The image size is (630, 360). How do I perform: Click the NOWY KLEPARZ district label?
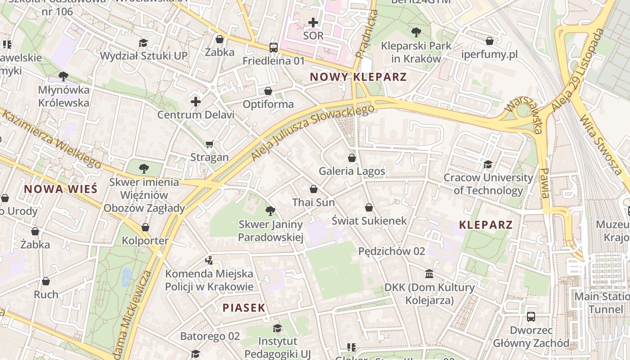click(x=358, y=77)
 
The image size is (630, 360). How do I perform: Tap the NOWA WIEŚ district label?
click(x=60, y=189)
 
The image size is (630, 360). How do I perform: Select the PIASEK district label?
click(x=244, y=308)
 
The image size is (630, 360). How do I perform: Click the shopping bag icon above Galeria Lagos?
click(x=352, y=158)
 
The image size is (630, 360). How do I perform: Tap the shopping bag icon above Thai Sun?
click(x=314, y=189)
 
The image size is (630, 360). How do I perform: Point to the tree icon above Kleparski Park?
click(x=416, y=32)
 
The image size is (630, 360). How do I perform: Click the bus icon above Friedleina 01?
click(x=273, y=47)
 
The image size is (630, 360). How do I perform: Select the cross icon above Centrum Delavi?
click(x=196, y=102)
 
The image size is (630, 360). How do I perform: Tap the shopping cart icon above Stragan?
click(x=209, y=144)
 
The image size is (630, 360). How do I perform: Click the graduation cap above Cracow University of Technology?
click(x=488, y=164)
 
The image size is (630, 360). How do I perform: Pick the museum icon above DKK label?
click(x=429, y=274)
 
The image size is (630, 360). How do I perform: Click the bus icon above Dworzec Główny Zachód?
click(x=531, y=316)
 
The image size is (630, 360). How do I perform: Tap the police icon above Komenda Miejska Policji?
click(x=209, y=260)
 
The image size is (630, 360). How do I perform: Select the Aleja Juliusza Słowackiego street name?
click(x=312, y=133)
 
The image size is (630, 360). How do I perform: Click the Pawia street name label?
click(x=545, y=183)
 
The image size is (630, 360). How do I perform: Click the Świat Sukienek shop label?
click(x=369, y=220)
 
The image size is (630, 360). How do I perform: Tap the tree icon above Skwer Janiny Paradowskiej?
click(x=270, y=211)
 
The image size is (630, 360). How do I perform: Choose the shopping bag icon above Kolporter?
click(x=145, y=227)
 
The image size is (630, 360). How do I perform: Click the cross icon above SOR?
click(x=313, y=22)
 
